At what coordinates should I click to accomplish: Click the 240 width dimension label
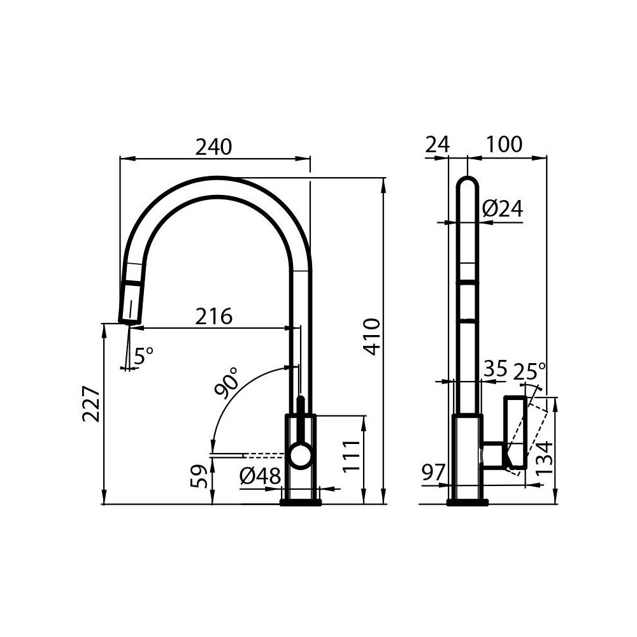tap(213, 147)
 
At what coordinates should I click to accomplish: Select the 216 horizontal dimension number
tap(213, 316)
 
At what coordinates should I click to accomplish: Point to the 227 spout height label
tap(91, 404)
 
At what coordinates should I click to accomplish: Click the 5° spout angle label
tap(143, 355)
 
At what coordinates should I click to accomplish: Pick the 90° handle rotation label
tap(227, 382)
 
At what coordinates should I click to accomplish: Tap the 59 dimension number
tap(198, 476)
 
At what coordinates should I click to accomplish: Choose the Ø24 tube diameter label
tap(502, 208)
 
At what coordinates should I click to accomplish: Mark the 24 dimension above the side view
tap(437, 145)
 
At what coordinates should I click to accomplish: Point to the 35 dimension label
tap(495, 369)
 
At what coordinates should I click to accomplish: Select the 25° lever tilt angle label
tap(529, 370)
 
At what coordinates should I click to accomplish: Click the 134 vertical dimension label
tap(544, 457)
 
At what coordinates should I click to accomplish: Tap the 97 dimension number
tap(433, 473)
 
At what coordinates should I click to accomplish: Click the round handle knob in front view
tap(299, 456)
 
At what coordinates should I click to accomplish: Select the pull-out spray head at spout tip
tap(131, 303)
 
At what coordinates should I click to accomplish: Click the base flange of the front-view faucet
tap(301, 503)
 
